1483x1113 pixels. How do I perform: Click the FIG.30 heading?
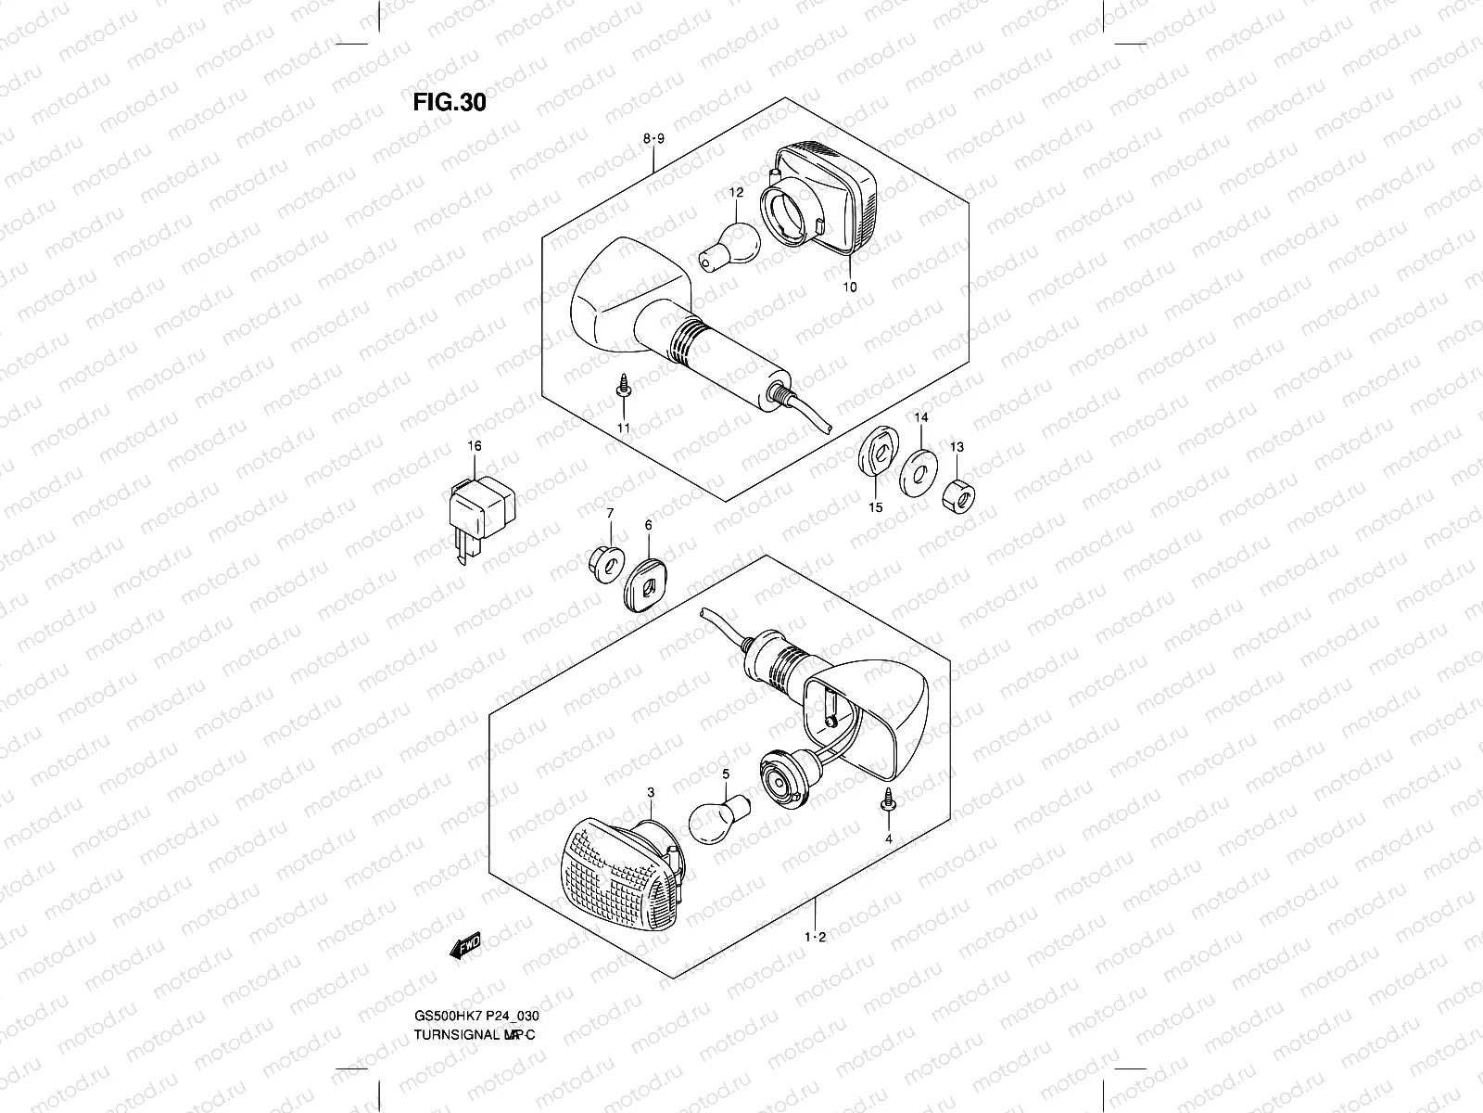pyautogui.click(x=449, y=101)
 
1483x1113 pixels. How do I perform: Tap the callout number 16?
pyautogui.click(x=475, y=446)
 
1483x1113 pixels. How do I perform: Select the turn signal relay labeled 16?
pyautogui.click(x=481, y=510)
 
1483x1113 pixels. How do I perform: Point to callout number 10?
pyautogui.click(x=850, y=288)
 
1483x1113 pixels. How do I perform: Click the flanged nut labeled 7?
pyautogui.click(x=605, y=562)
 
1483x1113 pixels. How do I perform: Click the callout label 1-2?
pyautogui.click(x=815, y=938)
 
